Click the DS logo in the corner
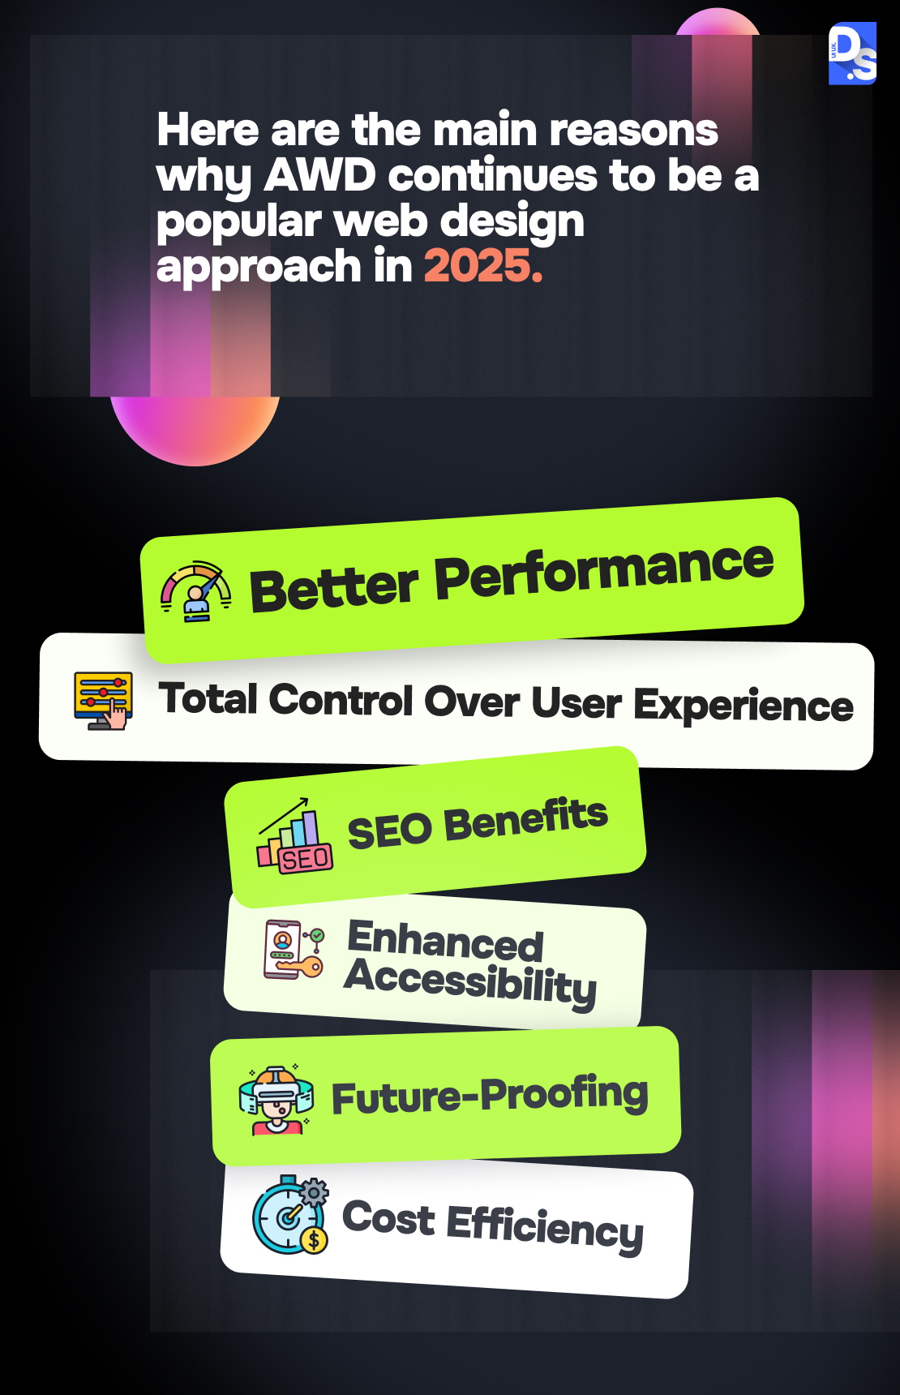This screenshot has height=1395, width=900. tap(852, 54)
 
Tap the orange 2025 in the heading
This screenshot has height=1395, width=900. tap(483, 266)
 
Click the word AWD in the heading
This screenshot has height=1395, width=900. tap(320, 175)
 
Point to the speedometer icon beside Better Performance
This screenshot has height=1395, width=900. tap(196, 592)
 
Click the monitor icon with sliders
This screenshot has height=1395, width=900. tap(103, 701)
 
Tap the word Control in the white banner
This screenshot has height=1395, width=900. tap(341, 700)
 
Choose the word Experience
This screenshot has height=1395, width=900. tap(743, 705)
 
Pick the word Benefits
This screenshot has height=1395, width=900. tap(526, 821)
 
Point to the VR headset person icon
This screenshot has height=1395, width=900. tap(276, 1100)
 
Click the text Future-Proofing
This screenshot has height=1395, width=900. tap(491, 1095)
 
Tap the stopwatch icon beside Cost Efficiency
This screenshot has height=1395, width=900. tap(290, 1215)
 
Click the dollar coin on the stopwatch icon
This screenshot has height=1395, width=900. tap(314, 1240)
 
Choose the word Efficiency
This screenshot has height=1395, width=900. tap(545, 1227)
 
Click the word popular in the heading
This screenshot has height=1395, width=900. tap(239, 223)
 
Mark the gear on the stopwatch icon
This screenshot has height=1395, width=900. tap(315, 1192)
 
